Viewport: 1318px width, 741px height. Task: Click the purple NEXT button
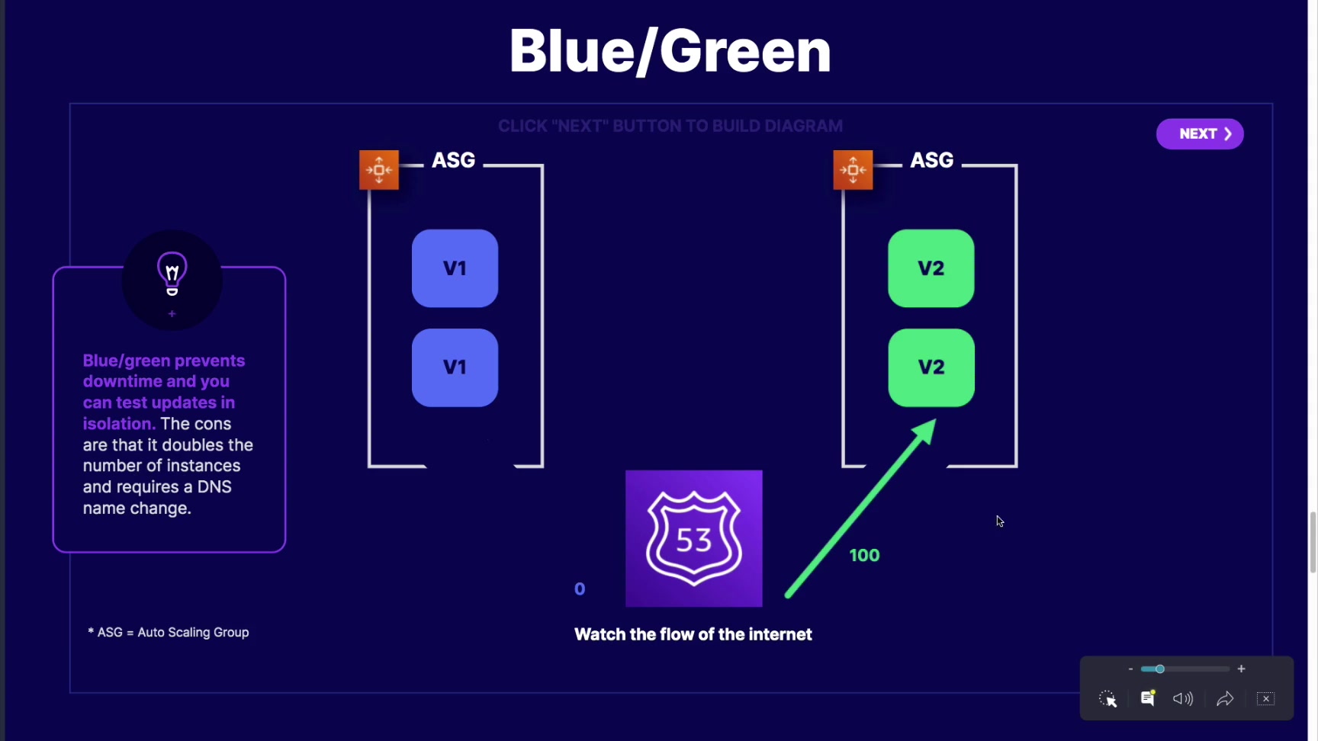click(x=1200, y=134)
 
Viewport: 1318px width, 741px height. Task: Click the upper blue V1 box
click(x=455, y=268)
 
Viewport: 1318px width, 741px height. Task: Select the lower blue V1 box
click(x=455, y=367)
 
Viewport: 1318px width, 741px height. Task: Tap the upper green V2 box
click(x=931, y=268)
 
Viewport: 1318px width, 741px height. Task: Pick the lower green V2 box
click(x=931, y=367)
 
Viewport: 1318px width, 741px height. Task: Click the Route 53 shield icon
click(x=693, y=539)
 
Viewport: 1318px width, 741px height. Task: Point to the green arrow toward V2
click(x=860, y=509)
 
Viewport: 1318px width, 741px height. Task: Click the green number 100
click(x=864, y=556)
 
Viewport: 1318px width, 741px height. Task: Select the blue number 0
click(x=580, y=589)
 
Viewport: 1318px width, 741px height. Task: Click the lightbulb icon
click(x=172, y=274)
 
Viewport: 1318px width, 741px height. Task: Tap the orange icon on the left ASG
click(x=379, y=170)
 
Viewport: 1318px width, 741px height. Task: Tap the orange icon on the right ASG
click(x=853, y=170)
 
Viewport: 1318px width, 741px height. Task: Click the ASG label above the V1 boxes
click(x=453, y=160)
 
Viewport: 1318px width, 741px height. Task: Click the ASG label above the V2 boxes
click(x=931, y=160)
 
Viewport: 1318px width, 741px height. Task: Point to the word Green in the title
click(x=744, y=52)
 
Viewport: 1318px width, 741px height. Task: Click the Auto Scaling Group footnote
click(x=169, y=633)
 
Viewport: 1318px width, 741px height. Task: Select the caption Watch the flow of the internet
click(x=693, y=634)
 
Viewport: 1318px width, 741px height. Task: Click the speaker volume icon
click(x=1183, y=699)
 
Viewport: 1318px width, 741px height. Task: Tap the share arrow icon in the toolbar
click(x=1225, y=699)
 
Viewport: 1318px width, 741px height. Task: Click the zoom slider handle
click(x=1159, y=669)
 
